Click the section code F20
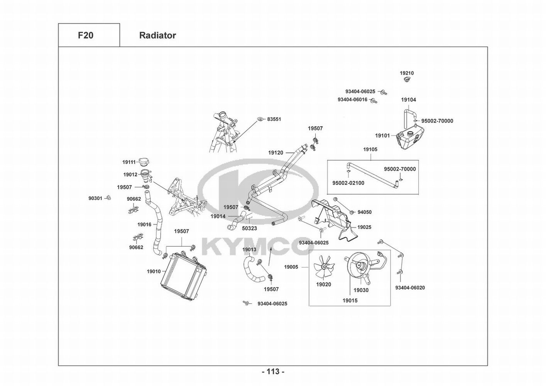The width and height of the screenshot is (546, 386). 85,36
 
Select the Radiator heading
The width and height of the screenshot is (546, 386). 157,36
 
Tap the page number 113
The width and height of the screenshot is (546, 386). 273,372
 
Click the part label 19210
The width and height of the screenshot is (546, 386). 407,73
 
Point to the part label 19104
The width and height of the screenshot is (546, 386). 409,100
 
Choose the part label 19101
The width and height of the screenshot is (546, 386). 383,135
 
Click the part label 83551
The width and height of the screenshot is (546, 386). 274,119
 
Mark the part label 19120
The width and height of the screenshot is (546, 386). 276,153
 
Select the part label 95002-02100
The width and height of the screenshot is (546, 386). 348,183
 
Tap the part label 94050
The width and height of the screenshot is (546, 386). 365,212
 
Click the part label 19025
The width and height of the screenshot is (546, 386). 364,227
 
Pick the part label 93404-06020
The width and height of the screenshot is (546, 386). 410,288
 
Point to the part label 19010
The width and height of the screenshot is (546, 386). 154,271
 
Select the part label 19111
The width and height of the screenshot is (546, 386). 129,162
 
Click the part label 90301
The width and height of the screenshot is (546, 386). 95,198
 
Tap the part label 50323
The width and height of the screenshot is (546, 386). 250,229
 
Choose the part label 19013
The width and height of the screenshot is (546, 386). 249,250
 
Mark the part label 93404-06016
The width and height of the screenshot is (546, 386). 352,100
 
